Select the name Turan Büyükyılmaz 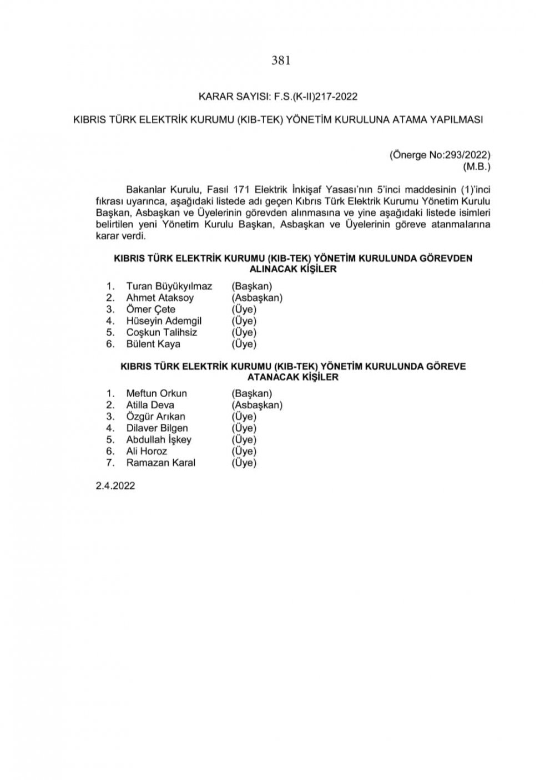pos(169,286)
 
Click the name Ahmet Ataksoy pos(160,298)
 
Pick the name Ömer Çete pos(150,310)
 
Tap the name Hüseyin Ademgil pos(164,321)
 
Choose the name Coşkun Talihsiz pos(162,333)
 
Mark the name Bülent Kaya pos(153,345)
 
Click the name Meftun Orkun pos(157,393)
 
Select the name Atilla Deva pos(150,405)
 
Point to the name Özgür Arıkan pos(155,417)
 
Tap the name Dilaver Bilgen pos(157,428)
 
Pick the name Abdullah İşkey pos(159,440)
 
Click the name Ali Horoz pos(147,452)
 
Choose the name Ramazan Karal pos(160,463)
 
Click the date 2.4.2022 pos(115,485)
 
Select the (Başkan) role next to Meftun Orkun pos(252,393)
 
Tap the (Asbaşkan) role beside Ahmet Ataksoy pos(257,298)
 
